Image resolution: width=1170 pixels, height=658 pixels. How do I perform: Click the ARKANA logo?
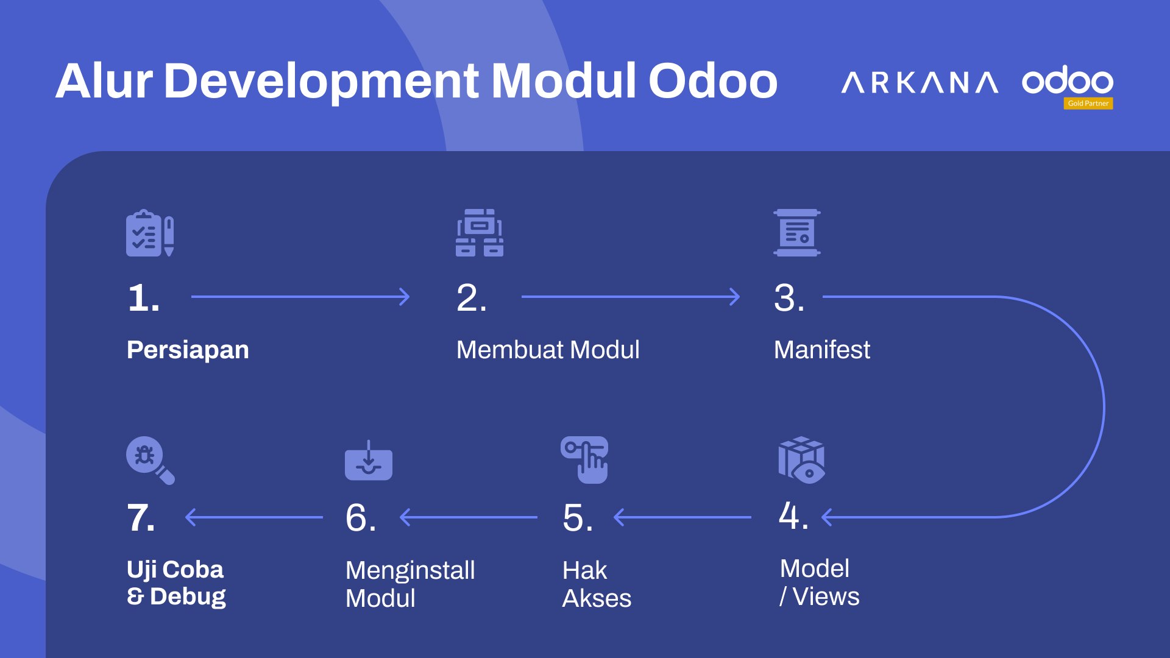(x=920, y=82)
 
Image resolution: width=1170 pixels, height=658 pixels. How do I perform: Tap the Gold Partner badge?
(x=1088, y=104)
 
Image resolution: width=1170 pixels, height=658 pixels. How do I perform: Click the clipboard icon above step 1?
(x=150, y=233)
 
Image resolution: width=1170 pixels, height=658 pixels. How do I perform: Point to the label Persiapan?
(x=188, y=350)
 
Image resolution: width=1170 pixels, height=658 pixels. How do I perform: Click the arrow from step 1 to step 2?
(x=300, y=297)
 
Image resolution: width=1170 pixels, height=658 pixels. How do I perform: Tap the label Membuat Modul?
(x=548, y=350)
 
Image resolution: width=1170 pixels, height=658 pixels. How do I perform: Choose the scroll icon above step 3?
(x=797, y=233)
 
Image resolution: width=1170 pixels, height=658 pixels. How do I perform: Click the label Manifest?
(x=822, y=350)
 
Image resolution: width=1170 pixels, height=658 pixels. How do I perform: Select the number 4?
(x=793, y=515)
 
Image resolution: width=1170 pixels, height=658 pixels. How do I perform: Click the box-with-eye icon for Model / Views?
(x=801, y=460)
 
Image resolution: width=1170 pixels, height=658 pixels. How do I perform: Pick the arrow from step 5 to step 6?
(x=469, y=517)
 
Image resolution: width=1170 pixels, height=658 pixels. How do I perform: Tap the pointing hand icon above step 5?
(x=584, y=460)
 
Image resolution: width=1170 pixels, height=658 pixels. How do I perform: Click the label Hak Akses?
(x=597, y=584)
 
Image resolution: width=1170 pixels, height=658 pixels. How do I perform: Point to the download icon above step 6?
(x=369, y=460)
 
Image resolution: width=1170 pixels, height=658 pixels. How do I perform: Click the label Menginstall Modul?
(x=410, y=584)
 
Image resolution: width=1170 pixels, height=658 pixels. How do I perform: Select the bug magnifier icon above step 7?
(x=151, y=461)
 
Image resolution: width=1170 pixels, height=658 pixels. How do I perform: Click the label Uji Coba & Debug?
(x=176, y=583)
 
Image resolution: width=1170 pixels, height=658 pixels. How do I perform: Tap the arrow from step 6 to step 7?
(x=254, y=517)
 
